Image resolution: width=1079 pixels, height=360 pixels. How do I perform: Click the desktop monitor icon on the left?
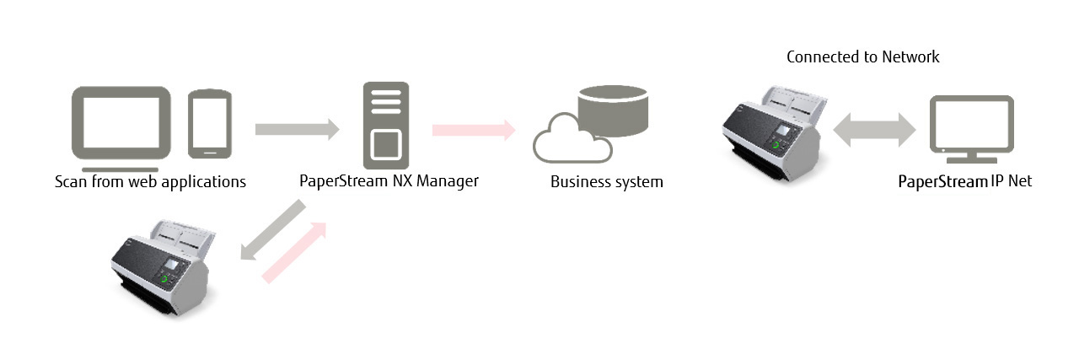click(x=121, y=121)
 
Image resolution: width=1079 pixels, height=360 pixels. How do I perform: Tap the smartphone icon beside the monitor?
click(x=210, y=123)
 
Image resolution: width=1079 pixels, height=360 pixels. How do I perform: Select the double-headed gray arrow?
click(x=874, y=131)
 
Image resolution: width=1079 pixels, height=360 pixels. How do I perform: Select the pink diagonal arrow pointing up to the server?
click(x=293, y=252)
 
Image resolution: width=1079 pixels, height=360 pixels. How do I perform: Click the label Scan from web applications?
click(x=150, y=181)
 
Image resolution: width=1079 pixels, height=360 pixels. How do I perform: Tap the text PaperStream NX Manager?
click(x=389, y=180)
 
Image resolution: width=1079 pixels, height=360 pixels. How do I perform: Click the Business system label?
click(x=606, y=181)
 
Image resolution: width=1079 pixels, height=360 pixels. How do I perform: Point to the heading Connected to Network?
click(x=862, y=57)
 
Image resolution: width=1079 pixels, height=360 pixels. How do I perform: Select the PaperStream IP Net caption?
click(x=964, y=181)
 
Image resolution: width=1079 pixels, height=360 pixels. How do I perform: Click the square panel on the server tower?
click(x=386, y=146)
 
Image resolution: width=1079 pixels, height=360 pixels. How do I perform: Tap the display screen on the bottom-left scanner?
click(x=172, y=264)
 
